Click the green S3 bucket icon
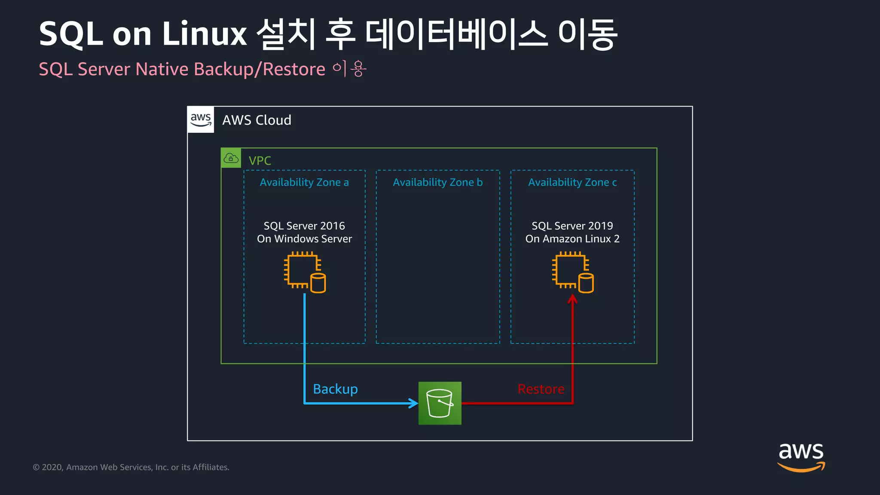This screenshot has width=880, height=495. tap(440, 403)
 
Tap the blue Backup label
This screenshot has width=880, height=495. tap(335, 389)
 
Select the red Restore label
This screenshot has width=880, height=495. tap(541, 389)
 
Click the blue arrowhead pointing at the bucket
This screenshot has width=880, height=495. tap(413, 403)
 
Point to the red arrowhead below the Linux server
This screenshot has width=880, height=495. tap(572, 299)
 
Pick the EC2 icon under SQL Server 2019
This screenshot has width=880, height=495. tap(573, 272)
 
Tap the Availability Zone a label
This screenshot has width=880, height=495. tap(304, 182)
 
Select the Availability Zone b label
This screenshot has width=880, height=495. tap(437, 182)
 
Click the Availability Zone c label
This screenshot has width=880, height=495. tap(572, 182)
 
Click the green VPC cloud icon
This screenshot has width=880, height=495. tap(231, 158)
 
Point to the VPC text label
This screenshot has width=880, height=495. tap(260, 161)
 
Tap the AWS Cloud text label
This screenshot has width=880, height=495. tap(257, 120)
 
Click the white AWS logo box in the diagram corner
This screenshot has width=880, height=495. tap(201, 119)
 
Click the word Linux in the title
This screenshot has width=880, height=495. tap(204, 34)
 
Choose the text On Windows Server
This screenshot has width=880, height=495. tap(304, 239)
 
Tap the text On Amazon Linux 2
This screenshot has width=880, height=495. tap(572, 239)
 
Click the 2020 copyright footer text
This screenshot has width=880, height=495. tap(131, 467)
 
